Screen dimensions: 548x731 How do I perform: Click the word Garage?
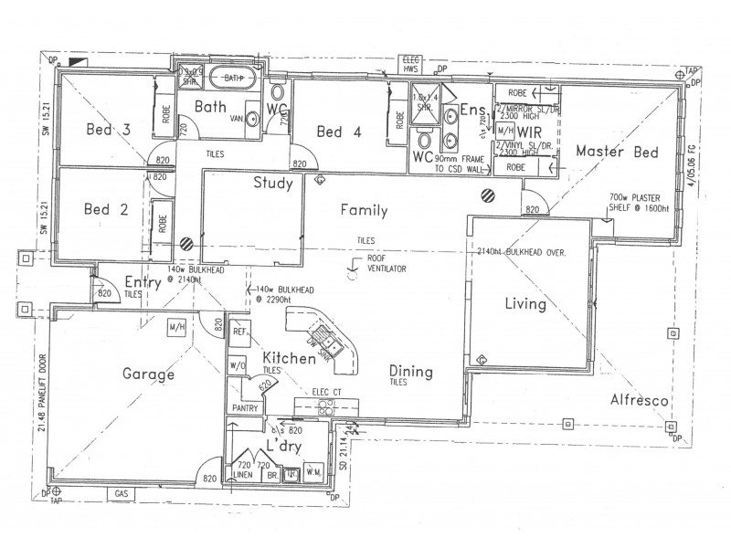click(147, 374)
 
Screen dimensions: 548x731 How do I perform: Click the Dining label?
click(411, 372)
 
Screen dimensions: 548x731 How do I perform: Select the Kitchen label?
click(290, 358)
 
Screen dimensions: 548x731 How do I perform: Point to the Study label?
click(272, 184)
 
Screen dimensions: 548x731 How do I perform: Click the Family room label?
click(364, 211)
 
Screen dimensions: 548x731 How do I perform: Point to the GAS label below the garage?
click(122, 493)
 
